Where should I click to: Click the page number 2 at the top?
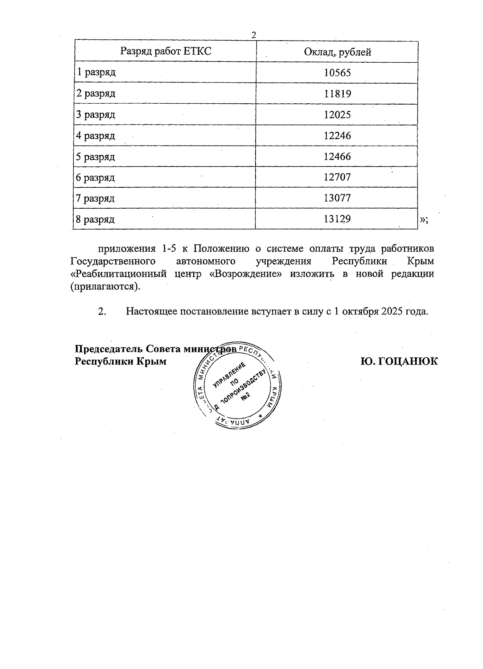pyautogui.click(x=254, y=35)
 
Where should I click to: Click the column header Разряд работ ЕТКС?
pyautogui.click(x=165, y=51)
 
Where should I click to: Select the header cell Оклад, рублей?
pyautogui.click(x=337, y=52)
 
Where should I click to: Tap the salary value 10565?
pyautogui.click(x=337, y=73)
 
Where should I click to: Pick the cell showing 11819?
pyautogui.click(x=337, y=94)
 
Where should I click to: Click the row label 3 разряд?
pyautogui.click(x=96, y=115)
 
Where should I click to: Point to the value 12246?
pyautogui.click(x=337, y=135)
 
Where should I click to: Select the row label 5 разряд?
pyautogui.click(x=96, y=156)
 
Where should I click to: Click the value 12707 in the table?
pyautogui.click(x=337, y=177)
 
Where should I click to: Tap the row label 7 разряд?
pyautogui.click(x=96, y=198)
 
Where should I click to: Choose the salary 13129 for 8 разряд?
pyautogui.click(x=337, y=219)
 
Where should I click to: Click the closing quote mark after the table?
pyautogui.click(x=423, y=220)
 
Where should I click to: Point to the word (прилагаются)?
pyautogui.click(x=105, y=287)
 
